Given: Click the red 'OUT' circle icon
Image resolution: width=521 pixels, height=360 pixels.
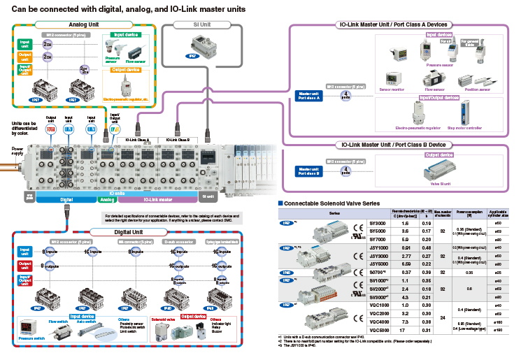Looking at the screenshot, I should (x=50, y=129).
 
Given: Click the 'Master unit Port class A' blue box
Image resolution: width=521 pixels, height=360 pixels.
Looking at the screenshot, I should (x=309, y=95).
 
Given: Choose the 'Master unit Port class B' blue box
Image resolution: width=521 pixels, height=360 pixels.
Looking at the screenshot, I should (x=309, y=170).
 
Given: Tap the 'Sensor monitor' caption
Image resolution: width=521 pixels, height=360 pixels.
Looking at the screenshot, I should (x=392, y=89).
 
